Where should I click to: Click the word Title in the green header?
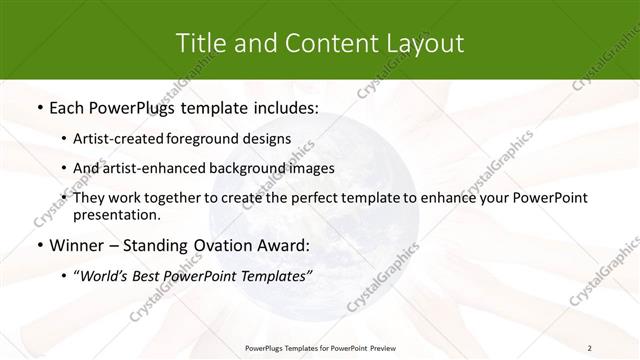click(199, 43)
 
